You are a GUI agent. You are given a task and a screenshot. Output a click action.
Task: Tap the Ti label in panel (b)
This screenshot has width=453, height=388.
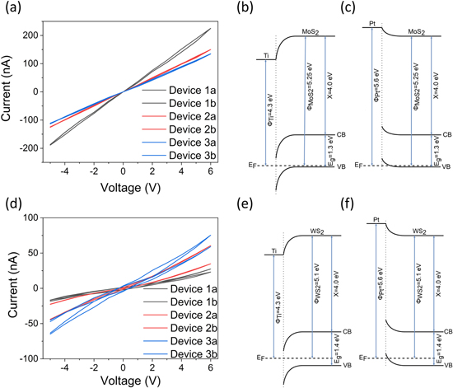[x=266, y=55]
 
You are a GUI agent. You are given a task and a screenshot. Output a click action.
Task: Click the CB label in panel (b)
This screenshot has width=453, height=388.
[x=343, y=133]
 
